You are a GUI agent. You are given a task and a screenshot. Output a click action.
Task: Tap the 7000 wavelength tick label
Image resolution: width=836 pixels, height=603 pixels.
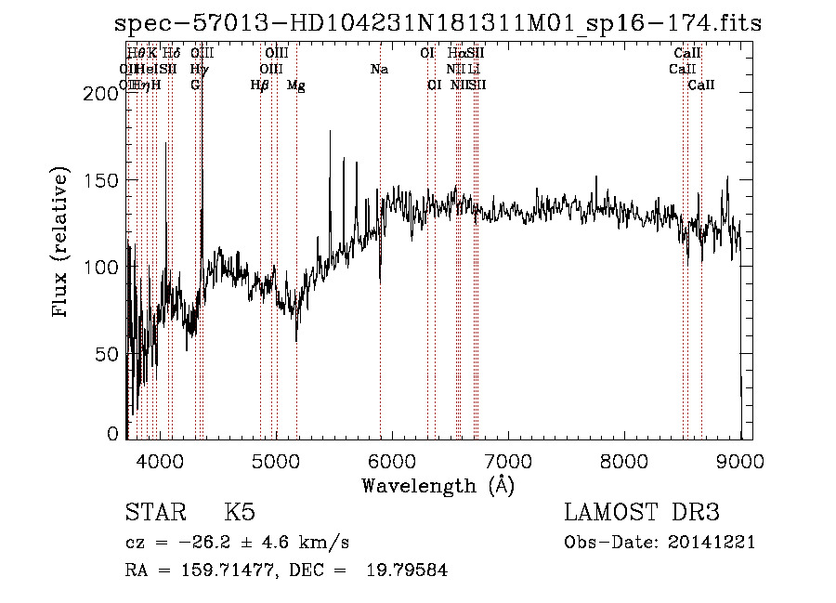click(x=508, y=460)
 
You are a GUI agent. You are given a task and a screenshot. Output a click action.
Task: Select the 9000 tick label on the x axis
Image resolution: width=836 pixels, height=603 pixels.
click(x=740, y=460)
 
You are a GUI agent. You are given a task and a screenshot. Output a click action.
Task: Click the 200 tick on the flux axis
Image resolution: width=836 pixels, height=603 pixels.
click(x=103, y=94)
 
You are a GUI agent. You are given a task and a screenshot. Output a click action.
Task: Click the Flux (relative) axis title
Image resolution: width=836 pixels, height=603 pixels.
click(x=61, y=243)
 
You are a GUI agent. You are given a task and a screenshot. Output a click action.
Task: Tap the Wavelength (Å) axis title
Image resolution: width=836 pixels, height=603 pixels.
click(x=438, y=485)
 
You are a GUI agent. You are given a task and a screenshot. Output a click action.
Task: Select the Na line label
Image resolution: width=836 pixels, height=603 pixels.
click(x=379, y=70)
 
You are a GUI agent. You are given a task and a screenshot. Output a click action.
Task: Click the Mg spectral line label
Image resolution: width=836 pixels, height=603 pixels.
click(x=295, y=85)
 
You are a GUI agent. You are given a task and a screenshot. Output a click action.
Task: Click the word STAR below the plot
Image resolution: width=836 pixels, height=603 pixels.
click(x=154, y=513)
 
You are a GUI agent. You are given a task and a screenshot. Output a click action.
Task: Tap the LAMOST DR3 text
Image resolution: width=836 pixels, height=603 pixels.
click(x=642, y=513)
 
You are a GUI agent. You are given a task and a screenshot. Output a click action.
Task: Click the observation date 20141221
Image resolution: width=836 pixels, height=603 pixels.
click(x=716, y=543)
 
